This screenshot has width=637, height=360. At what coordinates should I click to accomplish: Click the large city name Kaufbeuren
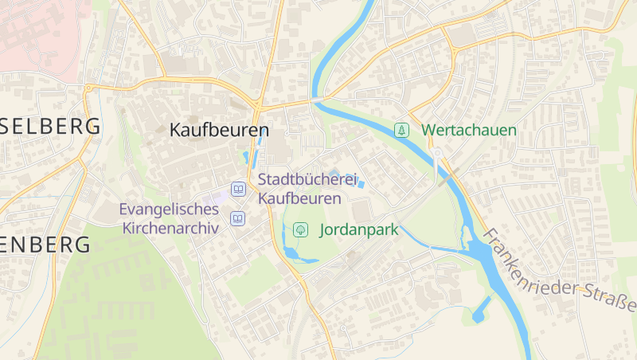[219, 129]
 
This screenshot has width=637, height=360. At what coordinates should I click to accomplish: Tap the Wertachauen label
[469, 130]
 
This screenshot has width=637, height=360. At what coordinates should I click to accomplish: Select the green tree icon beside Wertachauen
[403, 130]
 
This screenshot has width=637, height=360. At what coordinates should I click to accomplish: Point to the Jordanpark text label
[358, 230]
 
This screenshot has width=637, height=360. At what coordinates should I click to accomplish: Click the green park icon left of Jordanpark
[301, 230]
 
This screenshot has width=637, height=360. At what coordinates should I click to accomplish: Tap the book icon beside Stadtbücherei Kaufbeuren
[237, 190]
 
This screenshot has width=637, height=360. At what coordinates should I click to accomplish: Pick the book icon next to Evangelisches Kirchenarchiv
[237, 218]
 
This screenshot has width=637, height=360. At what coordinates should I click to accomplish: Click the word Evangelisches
[169, 209]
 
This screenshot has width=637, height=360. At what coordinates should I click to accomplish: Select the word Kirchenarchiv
[170, 228]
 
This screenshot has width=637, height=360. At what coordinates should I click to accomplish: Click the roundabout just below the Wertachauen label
[437, 154]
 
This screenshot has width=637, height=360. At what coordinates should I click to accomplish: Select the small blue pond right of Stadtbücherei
[360, 184]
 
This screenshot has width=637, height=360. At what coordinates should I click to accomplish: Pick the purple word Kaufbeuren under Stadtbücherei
[299, 198]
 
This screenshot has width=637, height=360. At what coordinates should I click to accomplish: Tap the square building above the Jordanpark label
[361, 212]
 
